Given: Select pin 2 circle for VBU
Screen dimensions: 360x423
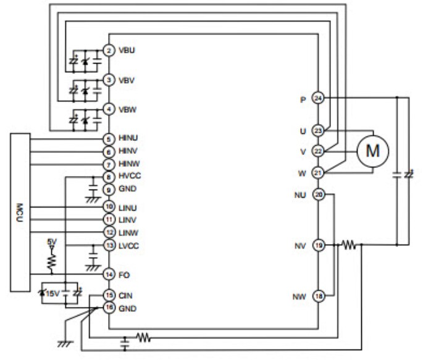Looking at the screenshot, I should pos(108,50).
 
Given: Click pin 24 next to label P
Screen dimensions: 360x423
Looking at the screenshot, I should pos(318,98).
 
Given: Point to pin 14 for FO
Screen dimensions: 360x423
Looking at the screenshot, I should pos(108,274).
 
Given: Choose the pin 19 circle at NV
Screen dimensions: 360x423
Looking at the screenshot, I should pos(318,245).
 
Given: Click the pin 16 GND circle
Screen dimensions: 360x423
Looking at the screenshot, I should pos(108,307).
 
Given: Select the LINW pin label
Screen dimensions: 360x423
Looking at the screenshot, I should pos(127,232).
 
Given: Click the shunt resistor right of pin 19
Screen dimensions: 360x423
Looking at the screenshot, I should pos(350,245).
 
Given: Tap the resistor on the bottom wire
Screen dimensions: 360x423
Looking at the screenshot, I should pos(143,337).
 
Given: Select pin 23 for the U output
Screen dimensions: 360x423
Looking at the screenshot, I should pos(318,131).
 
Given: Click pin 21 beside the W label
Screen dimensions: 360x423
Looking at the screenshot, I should pos(318,172).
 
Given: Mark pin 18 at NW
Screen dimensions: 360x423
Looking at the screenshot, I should pos(318,296).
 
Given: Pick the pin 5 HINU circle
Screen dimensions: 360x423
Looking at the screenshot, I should pos(108,140).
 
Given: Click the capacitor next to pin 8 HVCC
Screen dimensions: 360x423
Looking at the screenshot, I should pos(93,185).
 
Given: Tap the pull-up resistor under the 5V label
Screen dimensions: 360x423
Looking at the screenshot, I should pos(52,262).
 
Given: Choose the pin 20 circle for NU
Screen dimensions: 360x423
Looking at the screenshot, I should pos(318,195).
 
